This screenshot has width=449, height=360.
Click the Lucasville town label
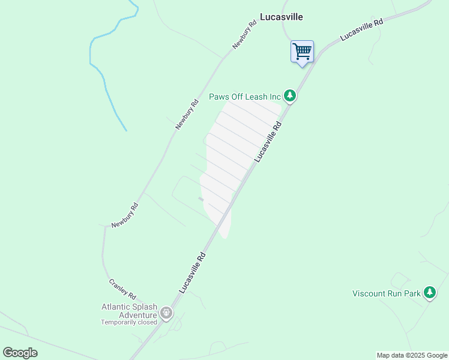click(x=281, y=17)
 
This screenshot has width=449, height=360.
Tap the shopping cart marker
click(x=302, y=52)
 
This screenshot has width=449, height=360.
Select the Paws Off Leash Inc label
click(x=245, y=96)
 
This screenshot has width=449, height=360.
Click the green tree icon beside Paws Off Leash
click(x=290, y=95)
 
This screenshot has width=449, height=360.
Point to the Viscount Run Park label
click(x=386, y=293)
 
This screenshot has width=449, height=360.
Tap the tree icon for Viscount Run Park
click(x=429, y=293)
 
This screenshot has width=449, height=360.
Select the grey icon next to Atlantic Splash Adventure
click(x=166, y=313)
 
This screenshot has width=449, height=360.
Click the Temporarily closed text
click(x=128, y=322)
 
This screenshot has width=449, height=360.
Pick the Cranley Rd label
click(x=122, y=289)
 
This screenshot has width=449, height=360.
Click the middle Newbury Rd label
click(x=187, y=114)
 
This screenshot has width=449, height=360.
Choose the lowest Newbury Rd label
click(x=125, y=215)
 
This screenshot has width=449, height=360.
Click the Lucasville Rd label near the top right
click(x=361, y=29)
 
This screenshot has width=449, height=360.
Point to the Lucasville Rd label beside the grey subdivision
click(x=268, y=142)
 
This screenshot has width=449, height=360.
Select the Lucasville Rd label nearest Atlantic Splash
click(x=193, y=272)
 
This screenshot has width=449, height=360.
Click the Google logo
click(x=20, y=353)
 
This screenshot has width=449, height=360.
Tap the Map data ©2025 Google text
click(x=412, y=355)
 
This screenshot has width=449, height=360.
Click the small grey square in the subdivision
click(x=201, y=199)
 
